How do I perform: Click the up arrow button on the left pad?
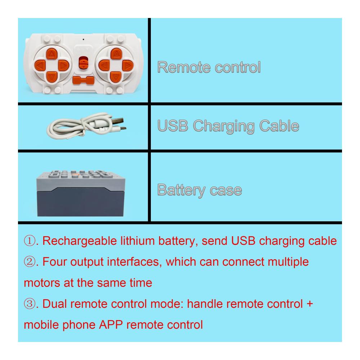point(51,54)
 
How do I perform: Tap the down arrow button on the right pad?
point(116,77)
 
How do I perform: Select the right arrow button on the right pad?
point(128,66)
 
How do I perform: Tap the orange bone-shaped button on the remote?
point(84,80)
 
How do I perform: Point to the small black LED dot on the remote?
point(84,40)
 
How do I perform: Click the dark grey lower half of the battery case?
point(81,202)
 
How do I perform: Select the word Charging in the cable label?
point(224,126)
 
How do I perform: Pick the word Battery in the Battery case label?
point(181,190)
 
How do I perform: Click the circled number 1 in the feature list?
point(30,241)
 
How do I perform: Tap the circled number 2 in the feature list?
point(30,262)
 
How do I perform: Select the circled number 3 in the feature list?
point(30,304)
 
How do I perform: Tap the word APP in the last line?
point(111,325)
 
